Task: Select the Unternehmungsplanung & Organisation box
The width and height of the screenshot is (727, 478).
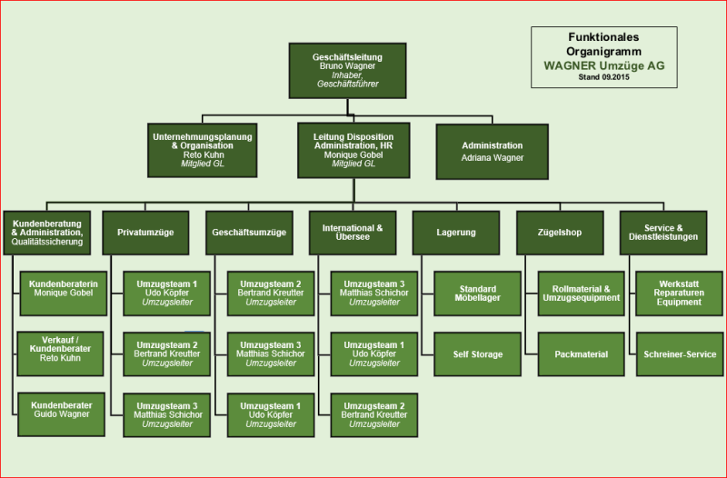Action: pos(202,150)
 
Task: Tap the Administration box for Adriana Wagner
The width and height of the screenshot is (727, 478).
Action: pos(492,151)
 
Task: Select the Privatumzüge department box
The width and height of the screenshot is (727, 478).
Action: pos(145,233)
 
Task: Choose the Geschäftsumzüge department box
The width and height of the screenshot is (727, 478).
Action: pos(249,233)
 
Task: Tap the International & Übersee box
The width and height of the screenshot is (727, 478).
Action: pos(353,233)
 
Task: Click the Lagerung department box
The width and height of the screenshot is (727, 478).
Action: pos(456,233)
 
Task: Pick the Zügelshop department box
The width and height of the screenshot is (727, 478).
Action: pos(560,233)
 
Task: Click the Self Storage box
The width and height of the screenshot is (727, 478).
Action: pos(477,354)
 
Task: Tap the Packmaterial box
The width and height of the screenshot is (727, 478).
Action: pos(581,354)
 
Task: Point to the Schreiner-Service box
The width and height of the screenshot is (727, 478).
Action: pos(680,354)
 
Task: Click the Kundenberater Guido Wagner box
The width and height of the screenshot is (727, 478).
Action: pos(63,409)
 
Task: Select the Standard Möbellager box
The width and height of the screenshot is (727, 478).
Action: pos(477,293)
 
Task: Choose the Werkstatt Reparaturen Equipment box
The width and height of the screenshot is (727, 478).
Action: pos(680,293)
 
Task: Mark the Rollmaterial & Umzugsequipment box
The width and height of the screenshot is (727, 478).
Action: pos(581,293)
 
